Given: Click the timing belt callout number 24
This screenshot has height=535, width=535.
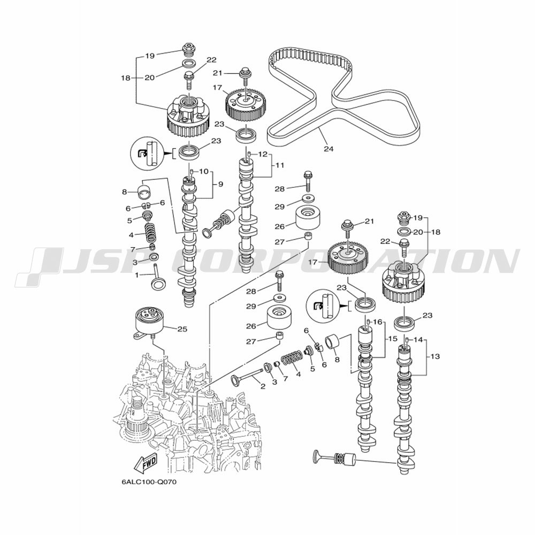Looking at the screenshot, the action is pyautogui.click(x=328, y=149).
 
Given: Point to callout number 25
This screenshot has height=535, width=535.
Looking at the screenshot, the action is pyautogui.click(x=182, y=329).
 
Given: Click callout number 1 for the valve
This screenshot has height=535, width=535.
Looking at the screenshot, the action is pyautogui.click(x=137, y=274).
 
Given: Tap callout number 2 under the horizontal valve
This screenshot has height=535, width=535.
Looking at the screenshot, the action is pyautogui.click(x=263, y=386).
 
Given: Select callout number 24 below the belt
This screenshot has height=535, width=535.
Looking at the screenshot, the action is pyautogui.click(x=328, y=149).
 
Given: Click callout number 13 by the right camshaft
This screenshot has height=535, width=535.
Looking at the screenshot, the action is pyautogui.click(x=435, y=356).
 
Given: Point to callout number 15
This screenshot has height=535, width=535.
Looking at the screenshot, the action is pyautogui.click(x=393, y=339).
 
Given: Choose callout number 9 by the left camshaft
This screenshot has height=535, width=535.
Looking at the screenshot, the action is pyautogui.click(x=220, y=184).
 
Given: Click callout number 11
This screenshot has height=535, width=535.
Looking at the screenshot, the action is pyautogui.click(x=280, y=165).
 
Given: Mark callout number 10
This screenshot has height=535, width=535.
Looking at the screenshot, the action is pyautogui.click(x=204, y=171).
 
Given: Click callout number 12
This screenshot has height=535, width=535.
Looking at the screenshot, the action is pyautogui.click(x=263, y=154).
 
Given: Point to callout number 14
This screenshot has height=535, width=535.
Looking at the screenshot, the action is pyautogui.click(x=418, y=340).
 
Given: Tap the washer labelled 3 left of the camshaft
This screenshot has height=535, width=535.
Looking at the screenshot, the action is pyautogui.click(x=154, y=257).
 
